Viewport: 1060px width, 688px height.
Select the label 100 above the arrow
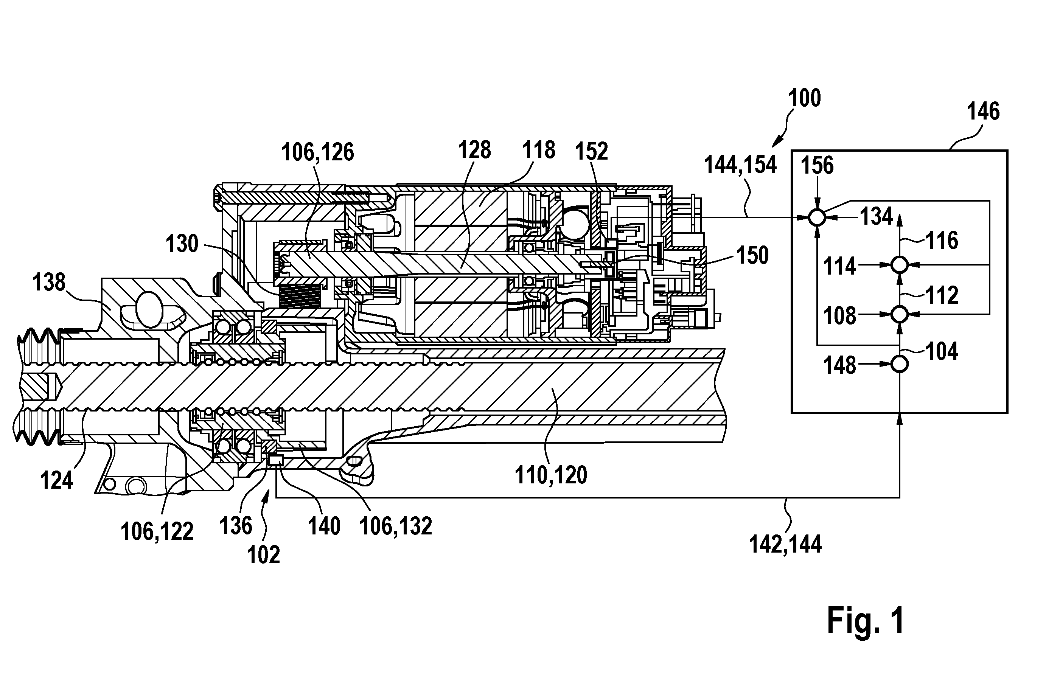[x=804, y=98]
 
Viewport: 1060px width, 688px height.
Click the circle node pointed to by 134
[x=817, y=218]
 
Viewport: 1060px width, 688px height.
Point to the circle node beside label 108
[x=899, y=314]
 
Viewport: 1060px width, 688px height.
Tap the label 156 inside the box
[x=817, y=166]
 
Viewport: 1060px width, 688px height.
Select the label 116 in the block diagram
[x=942, y=241]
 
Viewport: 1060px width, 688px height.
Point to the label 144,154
[x=740, y=165]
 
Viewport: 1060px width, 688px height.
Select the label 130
[x=182, y=244]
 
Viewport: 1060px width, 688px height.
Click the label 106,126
[x=317, y=153]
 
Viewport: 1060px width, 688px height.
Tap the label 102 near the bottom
[x=264, y=555]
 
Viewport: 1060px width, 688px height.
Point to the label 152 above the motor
[x=591, y=152]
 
